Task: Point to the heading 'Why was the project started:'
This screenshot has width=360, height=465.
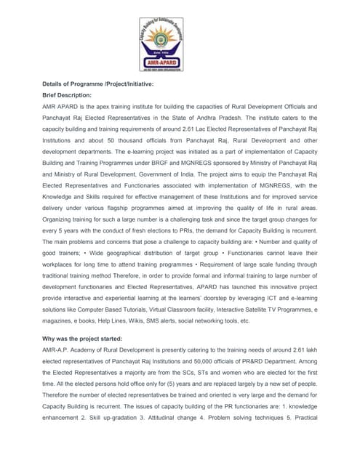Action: point(82,339)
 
